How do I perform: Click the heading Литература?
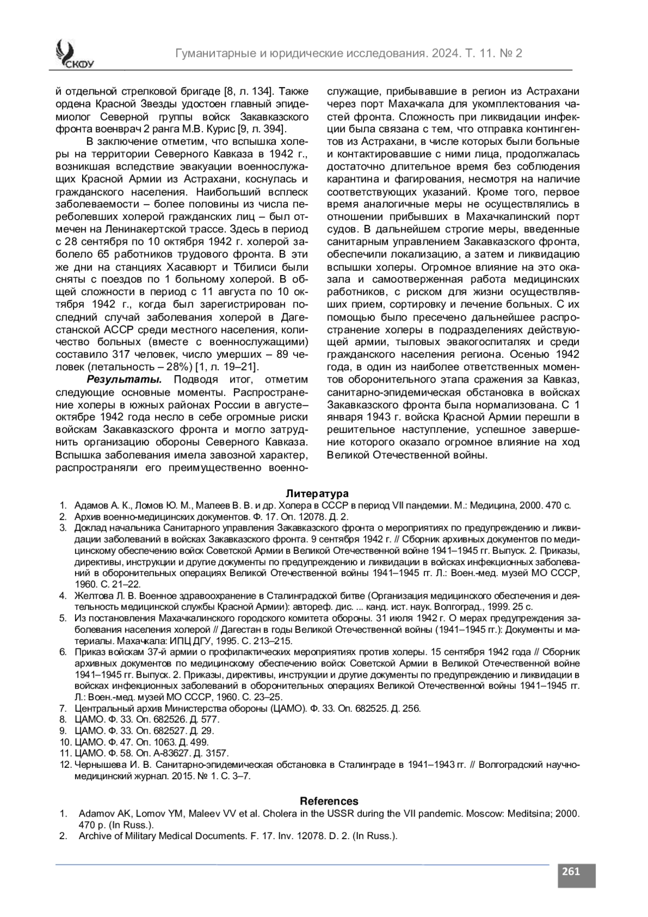(317, 493)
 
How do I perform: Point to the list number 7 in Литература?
(63, 708)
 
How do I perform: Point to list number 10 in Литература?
(64, 742)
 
